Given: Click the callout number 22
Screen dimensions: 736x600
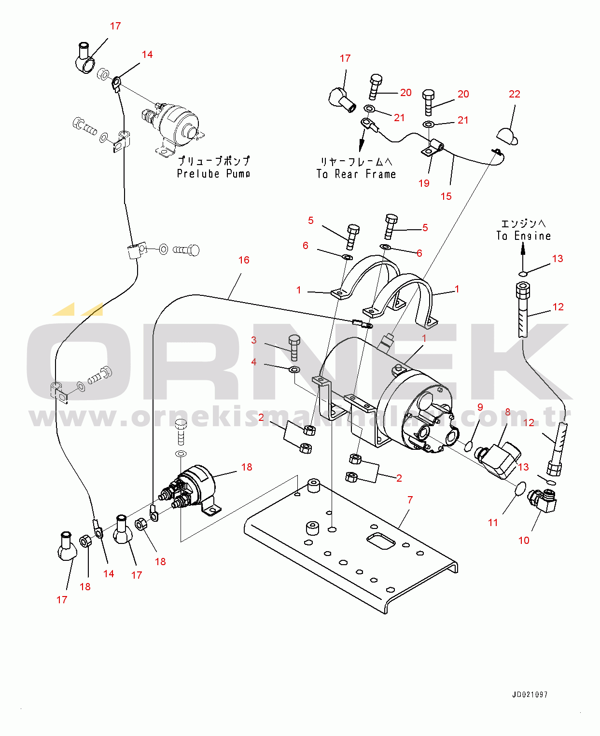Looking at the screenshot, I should pos(515,94).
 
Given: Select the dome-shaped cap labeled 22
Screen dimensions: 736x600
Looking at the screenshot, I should pos(507,136).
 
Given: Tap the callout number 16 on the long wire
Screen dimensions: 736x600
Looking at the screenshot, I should pos(244,260).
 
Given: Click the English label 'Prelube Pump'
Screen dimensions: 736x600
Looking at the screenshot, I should pos(213,174).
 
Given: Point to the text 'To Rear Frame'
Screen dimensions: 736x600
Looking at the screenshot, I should pos(356,174).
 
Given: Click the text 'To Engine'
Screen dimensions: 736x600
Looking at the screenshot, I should pos(524,236).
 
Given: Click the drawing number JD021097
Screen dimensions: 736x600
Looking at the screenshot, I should pos(530,694).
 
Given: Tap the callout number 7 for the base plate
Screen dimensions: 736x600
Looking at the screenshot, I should pos(410,500).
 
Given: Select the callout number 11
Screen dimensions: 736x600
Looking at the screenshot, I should pos(493,523).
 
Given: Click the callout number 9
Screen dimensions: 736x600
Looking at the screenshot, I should pos(480,407).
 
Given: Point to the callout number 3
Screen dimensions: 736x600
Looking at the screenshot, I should pos(254,340).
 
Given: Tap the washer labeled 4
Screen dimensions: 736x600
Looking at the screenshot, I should pos(294,370).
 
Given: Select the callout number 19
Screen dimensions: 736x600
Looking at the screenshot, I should pos(424,183).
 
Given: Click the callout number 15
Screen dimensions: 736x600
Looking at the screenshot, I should pos(446,196).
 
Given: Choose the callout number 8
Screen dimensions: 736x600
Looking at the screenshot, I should pos(507,412).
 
